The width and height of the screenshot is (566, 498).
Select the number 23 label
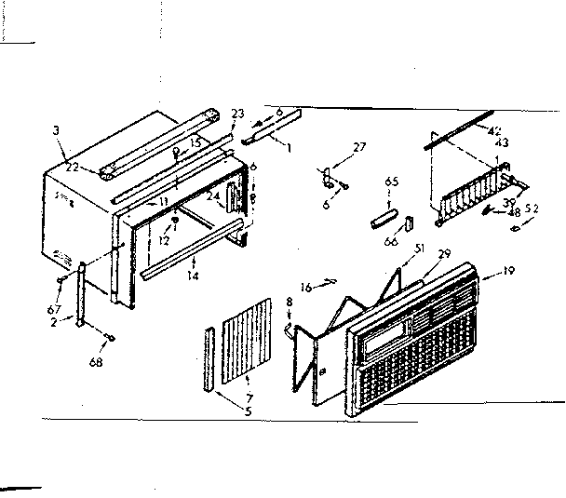(237, 114)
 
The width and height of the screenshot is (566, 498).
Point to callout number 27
(358, 147)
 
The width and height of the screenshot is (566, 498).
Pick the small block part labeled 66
(409, 225)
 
